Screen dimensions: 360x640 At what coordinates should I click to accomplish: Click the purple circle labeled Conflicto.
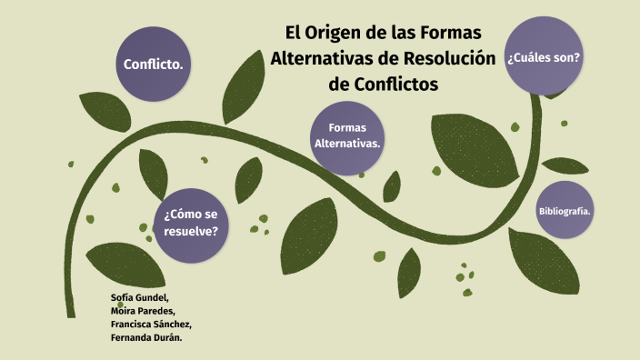click(x=154, y=65)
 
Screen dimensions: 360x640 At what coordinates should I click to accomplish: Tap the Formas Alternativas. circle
click(x=346, y=136)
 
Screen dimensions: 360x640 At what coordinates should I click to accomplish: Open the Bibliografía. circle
click(x=565, y=211)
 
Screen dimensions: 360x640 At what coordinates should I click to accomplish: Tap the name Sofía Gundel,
click(x=139, y=298)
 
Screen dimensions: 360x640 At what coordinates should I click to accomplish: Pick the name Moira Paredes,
click(x=143, y=311)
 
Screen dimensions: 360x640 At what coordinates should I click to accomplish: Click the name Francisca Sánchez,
click(x=150, y=324)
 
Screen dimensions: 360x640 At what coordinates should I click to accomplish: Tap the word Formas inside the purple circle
click(x=346, y=128)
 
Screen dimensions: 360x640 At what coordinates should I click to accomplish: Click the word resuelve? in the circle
click(x=191, y=231)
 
